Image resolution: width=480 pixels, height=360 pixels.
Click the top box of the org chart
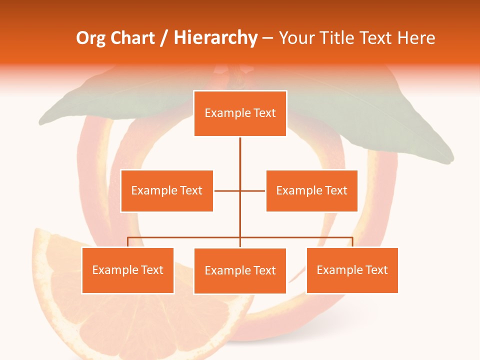tap(240, 113)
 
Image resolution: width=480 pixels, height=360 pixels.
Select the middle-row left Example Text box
tap(167, 190)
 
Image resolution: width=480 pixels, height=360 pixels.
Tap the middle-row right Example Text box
tap(311, 190)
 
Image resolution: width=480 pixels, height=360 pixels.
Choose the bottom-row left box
tap(127, 270)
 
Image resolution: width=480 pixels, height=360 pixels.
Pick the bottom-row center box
tap(240, 271)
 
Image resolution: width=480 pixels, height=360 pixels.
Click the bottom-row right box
tap(352, 270)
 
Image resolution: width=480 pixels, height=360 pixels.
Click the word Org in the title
tap(90, 38)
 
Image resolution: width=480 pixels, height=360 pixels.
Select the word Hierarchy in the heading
tap(215, 38)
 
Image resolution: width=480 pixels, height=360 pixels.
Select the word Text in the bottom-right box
tap(376, 270)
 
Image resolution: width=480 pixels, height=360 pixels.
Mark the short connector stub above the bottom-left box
tap(127, 242)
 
